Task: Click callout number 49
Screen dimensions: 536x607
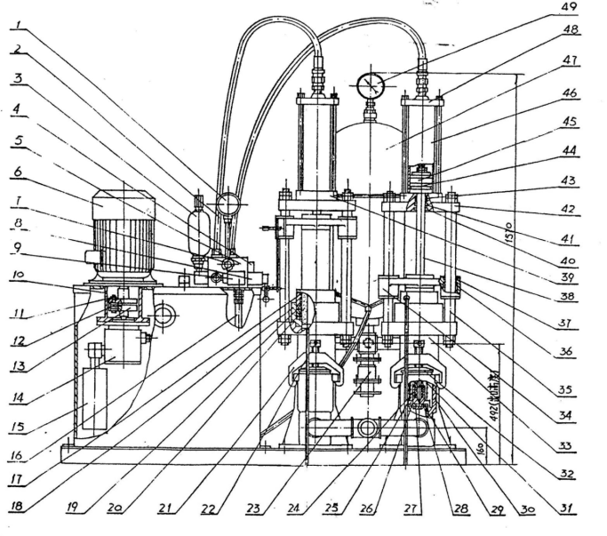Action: click(x=568, y=7)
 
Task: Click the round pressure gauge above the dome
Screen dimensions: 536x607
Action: click(x=366, y=86)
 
